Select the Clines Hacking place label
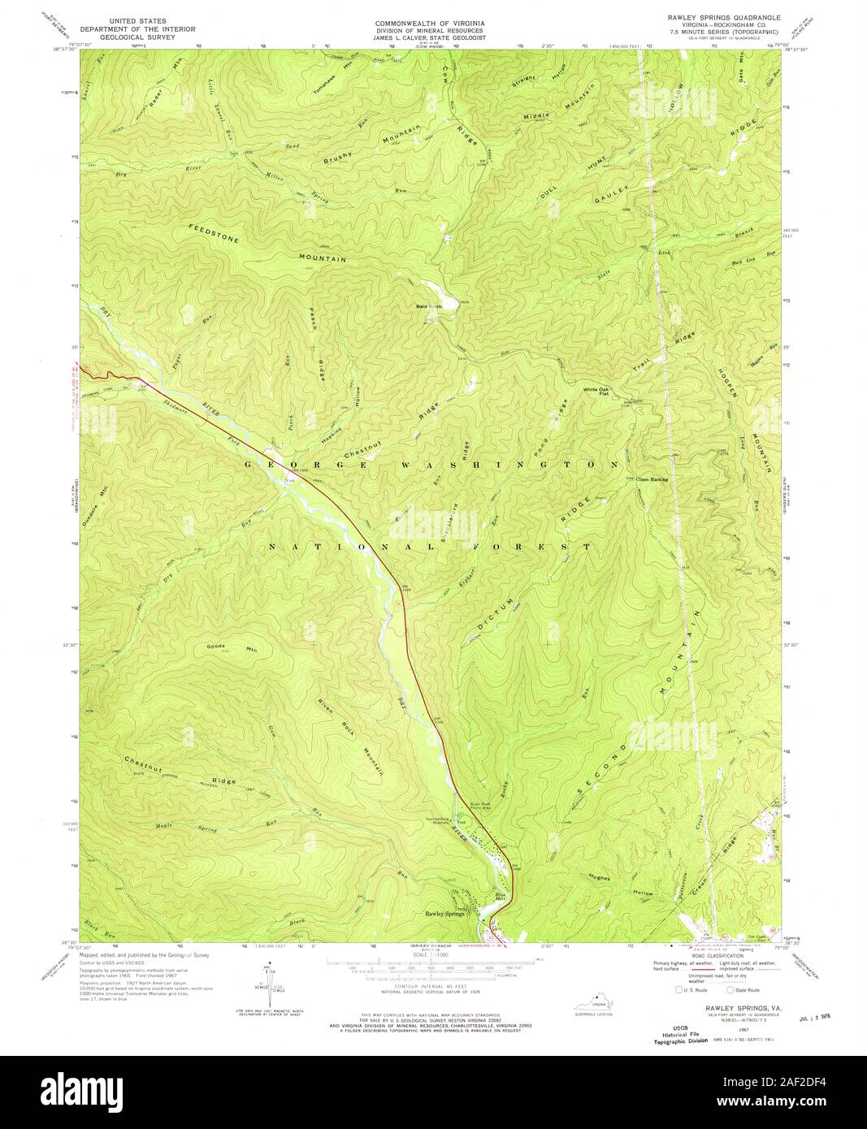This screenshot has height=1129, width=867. (x=652, y=479)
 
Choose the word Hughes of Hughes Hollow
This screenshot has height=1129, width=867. (x=599, y=878)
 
